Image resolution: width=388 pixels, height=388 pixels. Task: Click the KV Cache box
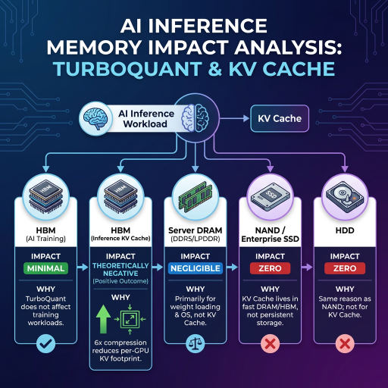pyautogui.click(x=280, y=118)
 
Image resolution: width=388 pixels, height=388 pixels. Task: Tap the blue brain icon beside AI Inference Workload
pyautogui.click(x=95, y=118)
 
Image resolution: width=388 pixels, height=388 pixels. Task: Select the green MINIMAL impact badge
pyautogui.click(x=45, y=268)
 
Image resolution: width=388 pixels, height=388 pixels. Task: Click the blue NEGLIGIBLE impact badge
pyautogui.click(x=196, y=268)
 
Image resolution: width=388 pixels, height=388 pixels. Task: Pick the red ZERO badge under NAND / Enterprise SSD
pyautogui.click(x=270, y=268)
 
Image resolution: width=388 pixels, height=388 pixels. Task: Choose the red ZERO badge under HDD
pyautogui.click(x=345, y=268)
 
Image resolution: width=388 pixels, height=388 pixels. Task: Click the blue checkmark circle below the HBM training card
pyautogui.click(x=45, y=343)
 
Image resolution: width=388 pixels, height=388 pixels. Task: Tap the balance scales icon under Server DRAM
pyautogui.click(x=196, y=343)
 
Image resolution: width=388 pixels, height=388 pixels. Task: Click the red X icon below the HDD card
pyautogui.click(x=345, y=343)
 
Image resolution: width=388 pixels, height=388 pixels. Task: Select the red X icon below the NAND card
pyautogui.click(x=270, y=343)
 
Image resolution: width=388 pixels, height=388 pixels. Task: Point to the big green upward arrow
pyautogui.click(x=103, y=319)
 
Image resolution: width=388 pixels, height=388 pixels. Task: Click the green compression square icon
pyautogui.click(x=130, y=320)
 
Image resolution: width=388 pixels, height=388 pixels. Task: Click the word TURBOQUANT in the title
pyautogui.click(x=127, y=69)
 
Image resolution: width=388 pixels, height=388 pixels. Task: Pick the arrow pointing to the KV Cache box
pyautogui.click(x=234, y=118)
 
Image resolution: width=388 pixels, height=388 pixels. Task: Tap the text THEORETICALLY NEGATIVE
pyautogui.click(x=120, y=270)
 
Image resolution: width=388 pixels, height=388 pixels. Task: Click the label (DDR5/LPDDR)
pyautogui.click(x=196, y=239)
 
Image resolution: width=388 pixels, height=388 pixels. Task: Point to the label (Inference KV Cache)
pyautogui.click(x=120, y=239)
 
